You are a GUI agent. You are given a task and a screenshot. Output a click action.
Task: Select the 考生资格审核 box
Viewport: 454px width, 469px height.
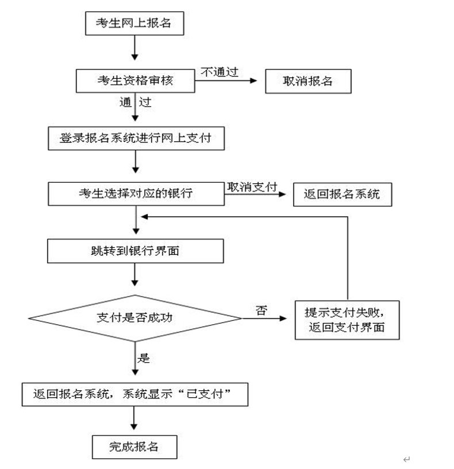pyautogui.click(x=135, y=81)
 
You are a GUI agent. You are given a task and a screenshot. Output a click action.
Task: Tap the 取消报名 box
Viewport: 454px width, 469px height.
pyautogui.click(x=307, y=81)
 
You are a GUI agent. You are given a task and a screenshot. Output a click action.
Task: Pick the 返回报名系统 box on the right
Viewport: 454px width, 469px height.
pyautogui.click(x=342, y=194)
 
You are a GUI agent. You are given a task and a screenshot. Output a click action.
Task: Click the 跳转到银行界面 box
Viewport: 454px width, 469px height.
pyautogui.click(x=135, y=251)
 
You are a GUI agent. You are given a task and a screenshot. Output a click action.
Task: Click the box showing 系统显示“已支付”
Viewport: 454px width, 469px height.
pyautogui.click(x=136, y=394)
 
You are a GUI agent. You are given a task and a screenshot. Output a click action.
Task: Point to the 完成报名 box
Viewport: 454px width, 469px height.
pyautogui.click(x=134, y=447)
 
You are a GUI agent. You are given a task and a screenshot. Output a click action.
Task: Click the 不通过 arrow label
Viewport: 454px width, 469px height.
pyautogui.click(x=220, y=72)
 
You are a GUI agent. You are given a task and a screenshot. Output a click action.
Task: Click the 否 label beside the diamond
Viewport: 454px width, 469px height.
pyautogui.click(x=261, y=311)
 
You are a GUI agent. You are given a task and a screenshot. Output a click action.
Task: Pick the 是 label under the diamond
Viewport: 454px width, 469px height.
pyautogui.click(x=144, y=359)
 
